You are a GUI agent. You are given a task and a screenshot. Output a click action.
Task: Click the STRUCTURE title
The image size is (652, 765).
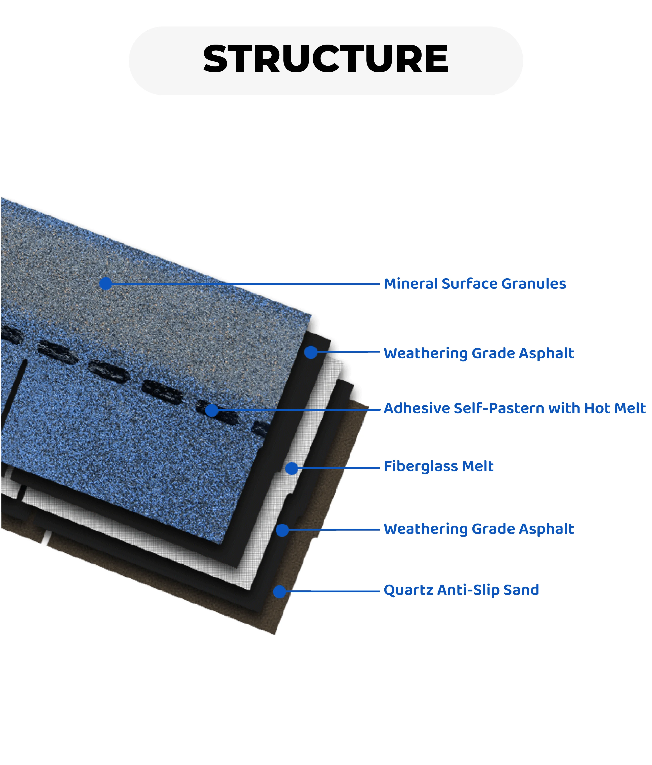(326, 59)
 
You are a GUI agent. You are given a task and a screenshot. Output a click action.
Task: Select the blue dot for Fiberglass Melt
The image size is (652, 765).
(292, 468)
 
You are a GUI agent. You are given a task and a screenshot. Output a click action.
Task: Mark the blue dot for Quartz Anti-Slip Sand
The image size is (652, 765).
(280, 591)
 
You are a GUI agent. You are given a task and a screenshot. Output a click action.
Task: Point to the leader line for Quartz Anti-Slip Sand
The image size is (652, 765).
(333, 591)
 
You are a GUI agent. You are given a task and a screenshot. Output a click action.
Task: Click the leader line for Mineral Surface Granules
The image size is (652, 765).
(244, 284)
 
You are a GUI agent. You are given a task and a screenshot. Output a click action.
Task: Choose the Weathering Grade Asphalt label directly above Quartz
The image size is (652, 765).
(479, 529)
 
